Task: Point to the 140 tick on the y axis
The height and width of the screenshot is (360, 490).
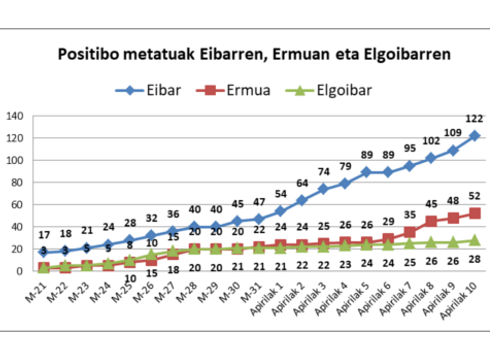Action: click(x=16, y=116)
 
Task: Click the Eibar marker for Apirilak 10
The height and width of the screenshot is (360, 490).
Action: click(x=474, y=135)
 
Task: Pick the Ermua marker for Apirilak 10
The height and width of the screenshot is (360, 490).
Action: click(x=474, y=213)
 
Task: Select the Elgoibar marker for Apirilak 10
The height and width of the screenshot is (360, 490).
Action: click(x=474, y=240)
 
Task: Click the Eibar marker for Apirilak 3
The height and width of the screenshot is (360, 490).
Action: click(x=323, y=189)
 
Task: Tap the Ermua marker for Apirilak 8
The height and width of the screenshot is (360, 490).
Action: click(x=431, y=221)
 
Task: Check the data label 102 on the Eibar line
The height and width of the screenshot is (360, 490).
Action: click(x=431, y=142)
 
